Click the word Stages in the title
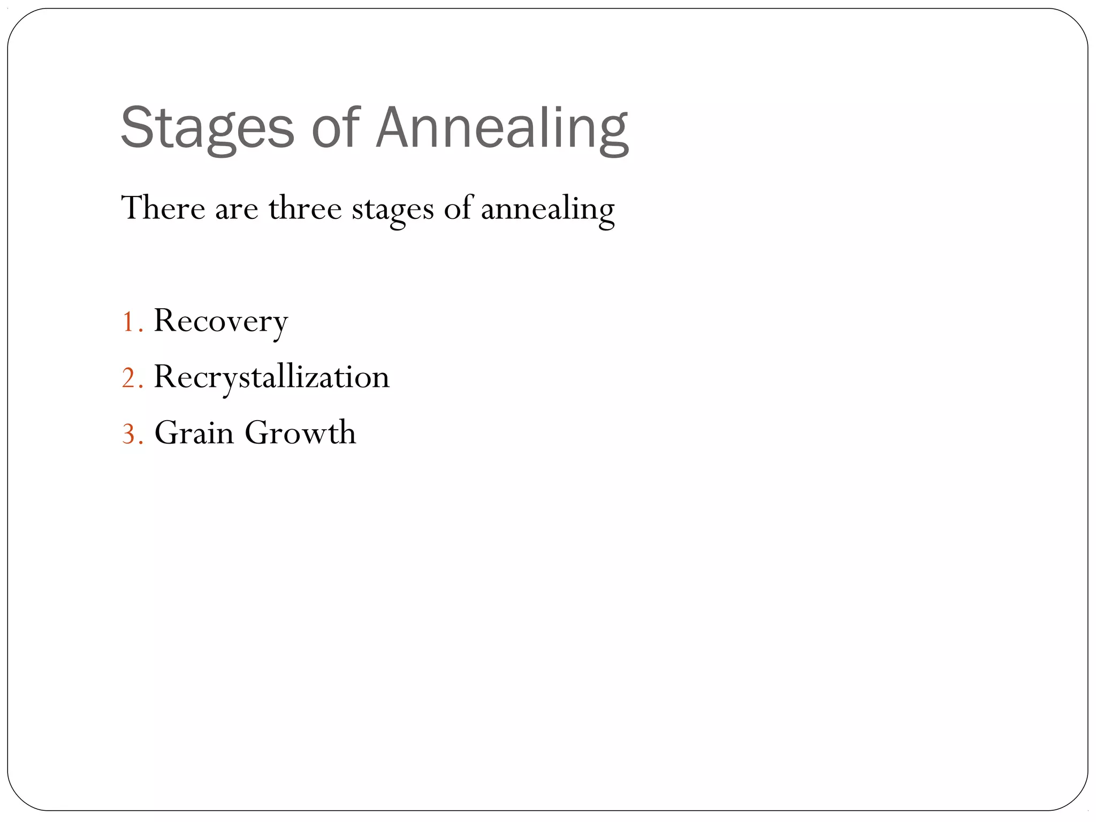tap(208, 128)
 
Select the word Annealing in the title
tap(502, 128)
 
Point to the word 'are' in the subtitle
tap(237, 210)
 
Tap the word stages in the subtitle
tap(392, 210)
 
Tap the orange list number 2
tap(129, 378)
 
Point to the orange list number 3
tap(129, 434)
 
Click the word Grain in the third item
tap(194, 432)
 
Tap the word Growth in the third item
tap(300, 432)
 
